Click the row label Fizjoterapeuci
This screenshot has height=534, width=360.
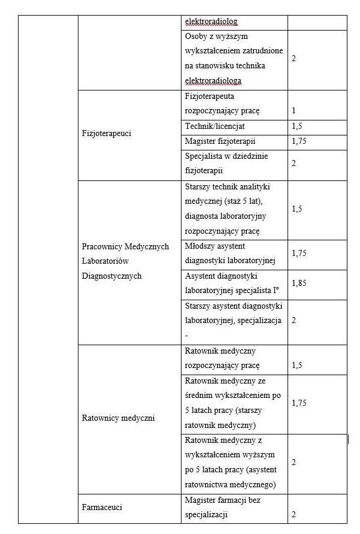(106, 134)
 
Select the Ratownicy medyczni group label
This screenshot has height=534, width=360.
(118, 418)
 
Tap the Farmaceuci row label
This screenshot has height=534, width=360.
(102, 507)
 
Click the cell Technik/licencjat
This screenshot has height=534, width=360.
(215, 126)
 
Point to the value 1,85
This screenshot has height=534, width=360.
(299, 283)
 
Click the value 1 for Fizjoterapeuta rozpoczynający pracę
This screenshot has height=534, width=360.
(294, 111)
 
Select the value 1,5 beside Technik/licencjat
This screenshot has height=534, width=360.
(297, 126)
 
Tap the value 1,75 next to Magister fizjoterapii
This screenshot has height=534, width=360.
(299, 141)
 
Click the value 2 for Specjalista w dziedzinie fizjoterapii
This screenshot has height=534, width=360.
(294, 163)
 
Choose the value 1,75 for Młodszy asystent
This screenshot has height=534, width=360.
(299, 253)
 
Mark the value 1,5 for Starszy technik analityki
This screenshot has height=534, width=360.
(297, 209)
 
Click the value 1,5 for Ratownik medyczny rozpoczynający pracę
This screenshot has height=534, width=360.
(297, 365)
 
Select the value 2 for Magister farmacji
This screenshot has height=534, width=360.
(294, 514)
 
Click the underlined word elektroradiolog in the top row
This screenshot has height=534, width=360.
(211, 22)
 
